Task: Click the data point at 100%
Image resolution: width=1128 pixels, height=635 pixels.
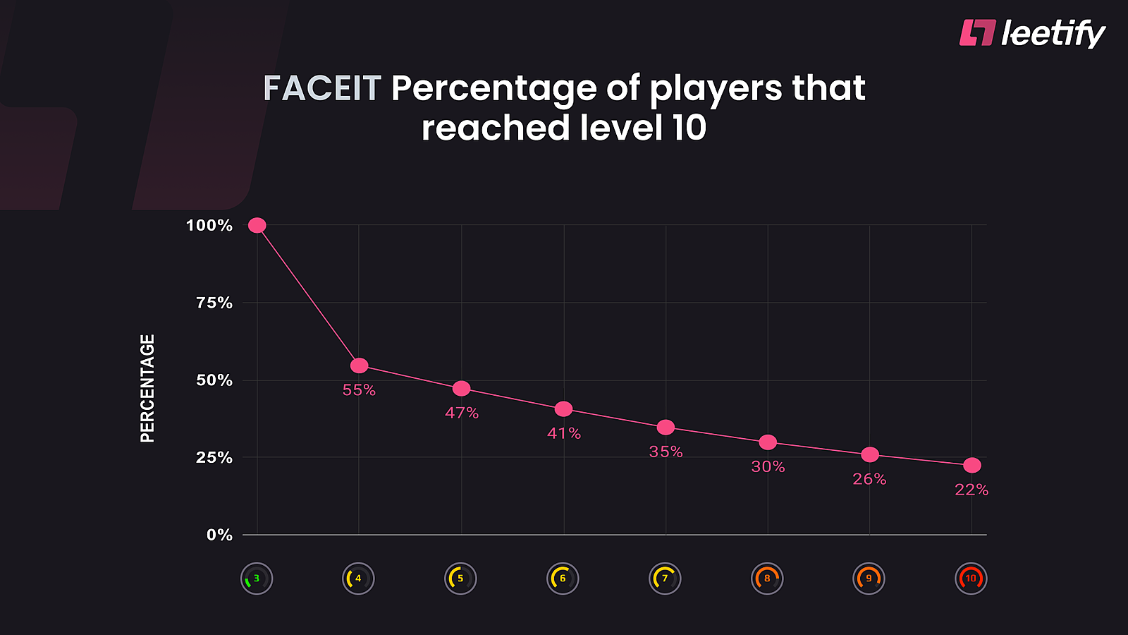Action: (x=257, y=225)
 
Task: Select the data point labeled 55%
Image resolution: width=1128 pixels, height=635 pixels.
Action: (x=360, y=365)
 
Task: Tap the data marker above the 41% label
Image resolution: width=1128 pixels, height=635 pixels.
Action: (x=563, y=409)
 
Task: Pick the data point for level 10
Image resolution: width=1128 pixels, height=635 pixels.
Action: (x=971, y=465)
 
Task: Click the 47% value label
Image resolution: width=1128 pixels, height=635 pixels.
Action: (x=462, y=413)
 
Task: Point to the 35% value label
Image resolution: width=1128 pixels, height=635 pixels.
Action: (x=666, y=452)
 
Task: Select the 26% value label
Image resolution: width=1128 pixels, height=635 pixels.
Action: (x=869, y=479)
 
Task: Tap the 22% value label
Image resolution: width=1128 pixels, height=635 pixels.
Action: (x=971, y=490)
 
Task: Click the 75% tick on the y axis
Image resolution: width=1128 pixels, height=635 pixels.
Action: (x=214, y=303)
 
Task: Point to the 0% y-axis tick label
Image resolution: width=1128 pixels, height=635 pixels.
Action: (x=219, y=535)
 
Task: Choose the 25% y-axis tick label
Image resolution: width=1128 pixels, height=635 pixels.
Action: (x=214, y=457)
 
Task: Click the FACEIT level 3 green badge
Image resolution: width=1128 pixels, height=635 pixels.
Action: (x=257, y=579)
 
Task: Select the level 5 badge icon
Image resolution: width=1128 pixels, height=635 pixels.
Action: (x=460, y=579)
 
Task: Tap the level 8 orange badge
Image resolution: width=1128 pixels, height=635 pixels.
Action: (x=767, y=579)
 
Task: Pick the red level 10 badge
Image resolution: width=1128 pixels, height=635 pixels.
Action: (x=971, y=579)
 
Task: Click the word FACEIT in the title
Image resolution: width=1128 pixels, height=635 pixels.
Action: (x=322, y=89)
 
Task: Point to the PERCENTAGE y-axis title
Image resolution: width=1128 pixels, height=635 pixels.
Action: (x=147, y=388)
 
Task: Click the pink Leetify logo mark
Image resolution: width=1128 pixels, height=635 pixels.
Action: (x=977, y=32)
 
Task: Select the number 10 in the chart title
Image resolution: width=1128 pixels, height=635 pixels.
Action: (x=689, y=128)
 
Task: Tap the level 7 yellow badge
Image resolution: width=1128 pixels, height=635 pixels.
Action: (x=665, y=579)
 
